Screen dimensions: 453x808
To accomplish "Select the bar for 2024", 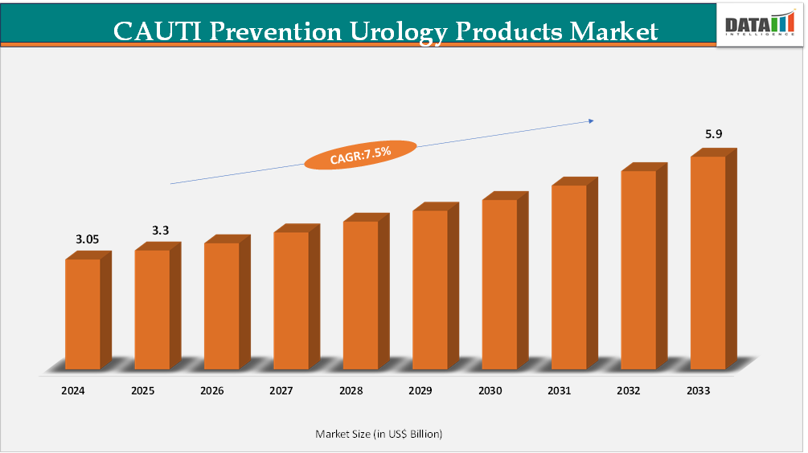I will point(83,313).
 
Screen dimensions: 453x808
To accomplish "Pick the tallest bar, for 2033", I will point(708,262).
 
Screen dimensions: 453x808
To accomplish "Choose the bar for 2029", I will point(430,289).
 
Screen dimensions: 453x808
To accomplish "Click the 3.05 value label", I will point(88,239).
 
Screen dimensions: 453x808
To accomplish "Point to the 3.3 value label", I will point(161,231).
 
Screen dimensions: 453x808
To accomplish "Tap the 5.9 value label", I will point(714,134).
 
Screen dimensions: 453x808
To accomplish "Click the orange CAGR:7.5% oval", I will point(360,153).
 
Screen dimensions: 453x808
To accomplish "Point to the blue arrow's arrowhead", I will point(591,120).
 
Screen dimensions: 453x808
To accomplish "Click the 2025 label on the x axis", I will point(143,391).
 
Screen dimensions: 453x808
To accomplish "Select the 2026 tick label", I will point(212,391).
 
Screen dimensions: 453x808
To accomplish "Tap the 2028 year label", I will point(351,391).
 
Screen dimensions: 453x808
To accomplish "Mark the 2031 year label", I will point(560,391).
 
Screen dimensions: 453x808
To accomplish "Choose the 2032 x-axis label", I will point(629,391).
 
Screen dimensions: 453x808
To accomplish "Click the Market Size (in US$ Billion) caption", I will point(379,434).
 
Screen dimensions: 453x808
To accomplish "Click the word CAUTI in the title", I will point(153,31).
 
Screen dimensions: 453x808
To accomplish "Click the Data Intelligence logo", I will point(760,24).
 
